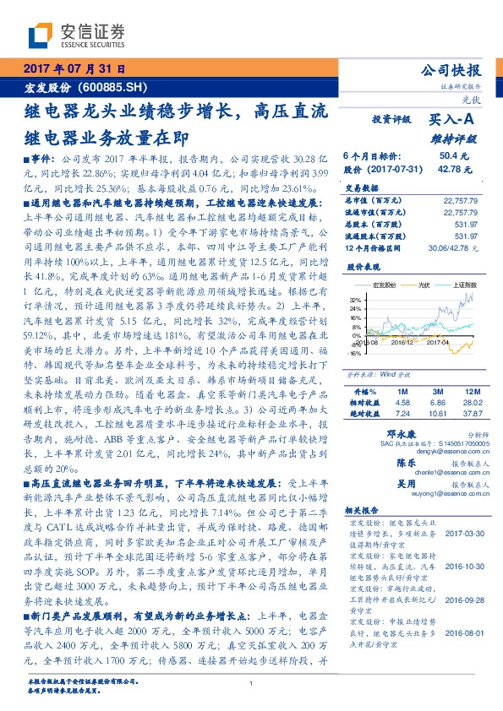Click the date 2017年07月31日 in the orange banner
[x=74, y=70]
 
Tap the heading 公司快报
[x=451, y=70]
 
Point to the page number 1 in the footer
[x=251, y=685]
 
